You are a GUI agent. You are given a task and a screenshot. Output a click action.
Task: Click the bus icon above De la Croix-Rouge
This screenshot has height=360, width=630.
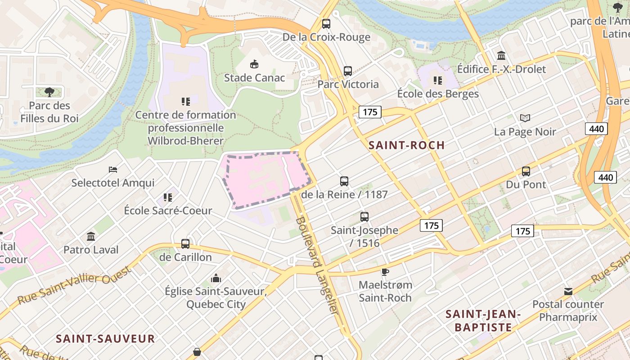(326, 24)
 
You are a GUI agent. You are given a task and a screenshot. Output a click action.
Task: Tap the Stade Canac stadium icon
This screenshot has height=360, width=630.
(254, 64)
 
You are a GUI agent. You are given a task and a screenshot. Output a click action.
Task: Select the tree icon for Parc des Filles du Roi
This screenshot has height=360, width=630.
(49, 92)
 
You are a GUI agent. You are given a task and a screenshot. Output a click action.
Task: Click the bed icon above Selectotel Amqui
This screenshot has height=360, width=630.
(113, 170)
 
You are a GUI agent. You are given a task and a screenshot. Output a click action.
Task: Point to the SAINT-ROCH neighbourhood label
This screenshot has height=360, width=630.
(406, 145)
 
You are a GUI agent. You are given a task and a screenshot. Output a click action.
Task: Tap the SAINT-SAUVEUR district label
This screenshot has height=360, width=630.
(105, 339)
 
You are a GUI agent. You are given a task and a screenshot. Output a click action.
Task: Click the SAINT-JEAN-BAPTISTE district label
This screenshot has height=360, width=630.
(483, 320)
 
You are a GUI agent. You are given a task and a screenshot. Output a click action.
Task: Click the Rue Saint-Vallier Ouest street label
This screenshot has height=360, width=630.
(74, 285)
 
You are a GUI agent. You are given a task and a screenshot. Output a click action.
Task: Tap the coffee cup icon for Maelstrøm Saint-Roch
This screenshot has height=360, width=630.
(385, 271)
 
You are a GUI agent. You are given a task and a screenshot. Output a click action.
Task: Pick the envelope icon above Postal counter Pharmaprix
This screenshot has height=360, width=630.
(568, 292)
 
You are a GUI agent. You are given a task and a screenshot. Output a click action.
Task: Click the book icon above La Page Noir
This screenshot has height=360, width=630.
(525, 118)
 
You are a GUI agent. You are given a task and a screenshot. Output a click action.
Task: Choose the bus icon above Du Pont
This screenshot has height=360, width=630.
(526, 171)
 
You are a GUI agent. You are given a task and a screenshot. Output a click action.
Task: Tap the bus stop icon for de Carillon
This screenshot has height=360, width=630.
(185, 244)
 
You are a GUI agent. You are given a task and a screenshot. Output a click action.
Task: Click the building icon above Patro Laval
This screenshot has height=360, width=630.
(91, 236)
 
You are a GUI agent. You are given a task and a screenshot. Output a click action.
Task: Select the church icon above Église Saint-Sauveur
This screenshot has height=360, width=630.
(216, 278)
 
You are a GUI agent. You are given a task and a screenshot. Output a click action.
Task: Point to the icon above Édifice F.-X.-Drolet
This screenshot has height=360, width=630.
(501, 56)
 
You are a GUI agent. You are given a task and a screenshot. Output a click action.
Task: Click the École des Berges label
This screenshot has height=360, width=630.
(438, 94)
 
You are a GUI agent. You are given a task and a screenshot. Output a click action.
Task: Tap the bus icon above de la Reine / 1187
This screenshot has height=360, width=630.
(344, 181)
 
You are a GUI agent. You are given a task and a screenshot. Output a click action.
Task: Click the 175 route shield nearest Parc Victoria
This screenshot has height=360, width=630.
(370, 112)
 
